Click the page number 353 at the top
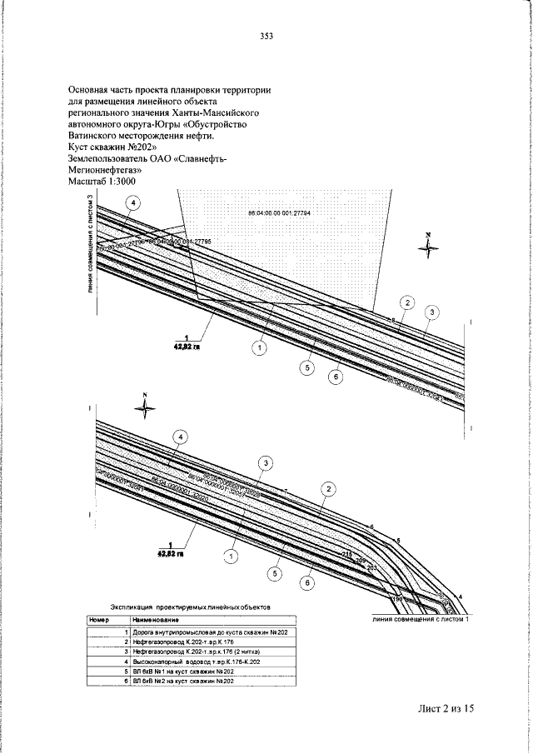click(x=266, y=36)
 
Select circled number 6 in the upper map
click(x=336, y=377)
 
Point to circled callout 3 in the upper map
click(x=431, y=312)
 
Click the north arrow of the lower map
click(x=145, y=407)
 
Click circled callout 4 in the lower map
click(x=178, y=436)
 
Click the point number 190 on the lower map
click(x=396, y=598)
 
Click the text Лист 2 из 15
click(x=446, y=708)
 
